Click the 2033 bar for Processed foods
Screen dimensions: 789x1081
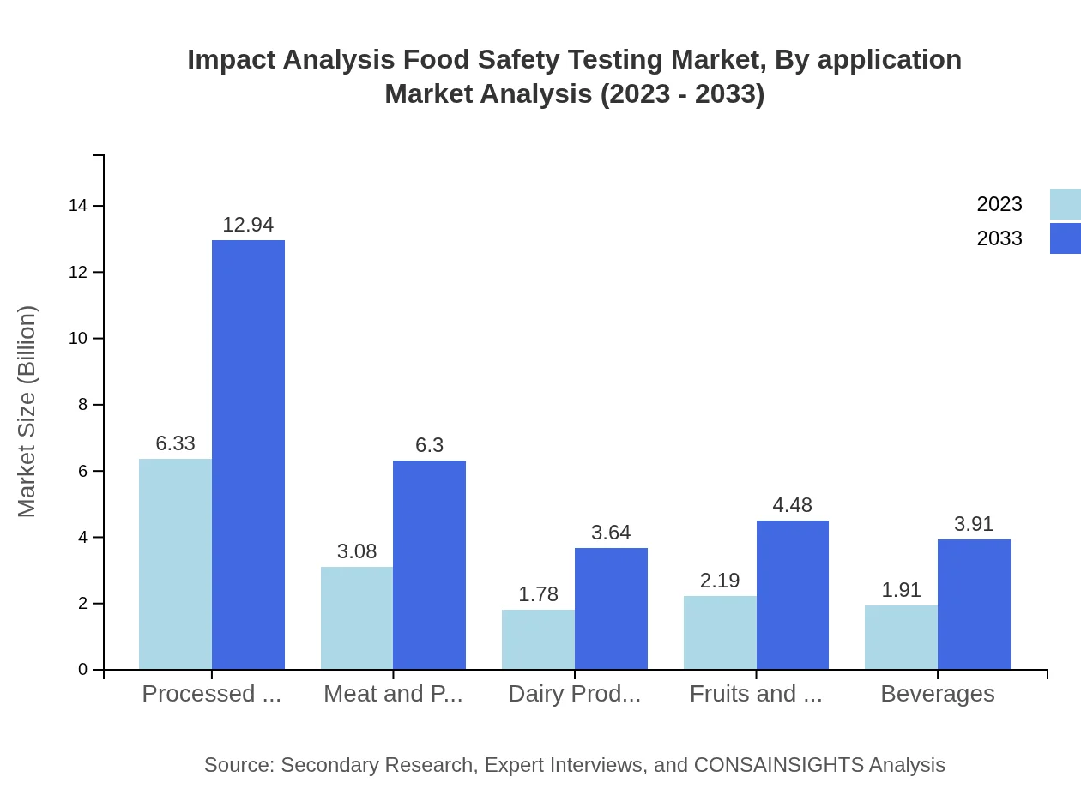[x=248, y=455]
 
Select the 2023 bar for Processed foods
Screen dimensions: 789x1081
[x=175, y=564]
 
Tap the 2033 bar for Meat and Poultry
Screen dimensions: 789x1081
[x=429, y=565]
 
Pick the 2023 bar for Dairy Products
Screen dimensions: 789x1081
[x=538, y=640]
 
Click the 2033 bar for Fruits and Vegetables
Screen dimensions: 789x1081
[x=793, y=595]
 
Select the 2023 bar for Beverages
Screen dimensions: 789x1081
[x=901, y=637]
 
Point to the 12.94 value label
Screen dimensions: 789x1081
[x=248, y=225]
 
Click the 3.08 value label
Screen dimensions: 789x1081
[x=357, y=551]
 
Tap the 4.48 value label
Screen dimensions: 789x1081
[x=792, y=505]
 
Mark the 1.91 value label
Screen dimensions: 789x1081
[x=901, y=590]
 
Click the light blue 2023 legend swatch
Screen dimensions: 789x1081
[x=1065, y=204]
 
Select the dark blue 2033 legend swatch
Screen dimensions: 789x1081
[x=1065, y=238]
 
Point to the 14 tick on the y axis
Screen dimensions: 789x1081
[x=78, y=206]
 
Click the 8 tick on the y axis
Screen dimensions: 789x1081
[x=83, y=405]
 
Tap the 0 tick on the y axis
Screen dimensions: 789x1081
[x=83, y=670]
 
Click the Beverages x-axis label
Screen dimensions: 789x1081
[x=937, y=694]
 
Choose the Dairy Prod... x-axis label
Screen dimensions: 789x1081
[x=574, y=694]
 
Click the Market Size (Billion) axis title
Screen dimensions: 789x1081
[x=27, y=412]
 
